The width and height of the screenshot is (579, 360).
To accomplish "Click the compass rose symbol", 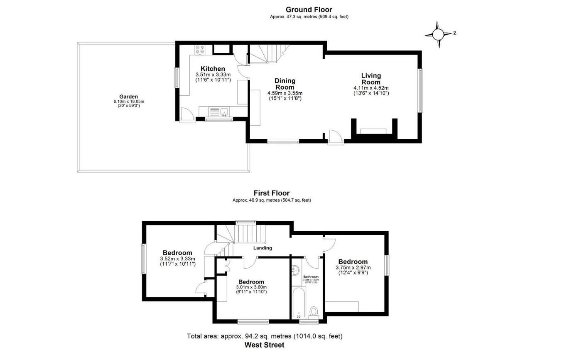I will click(x=439, y=34).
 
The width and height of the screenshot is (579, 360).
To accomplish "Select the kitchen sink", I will click(x=224, y=111).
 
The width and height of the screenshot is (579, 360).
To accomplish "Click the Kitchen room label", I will click(x=213, y=69).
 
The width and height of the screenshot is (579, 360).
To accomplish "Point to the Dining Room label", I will click(x=285, y=84).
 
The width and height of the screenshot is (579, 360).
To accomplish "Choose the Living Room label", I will click(x=370, y=79).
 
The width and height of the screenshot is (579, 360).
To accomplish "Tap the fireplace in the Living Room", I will click(x=373, y=131).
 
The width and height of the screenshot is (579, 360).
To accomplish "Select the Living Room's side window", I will click(x=420, y=90).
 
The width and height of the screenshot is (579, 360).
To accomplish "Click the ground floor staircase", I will click(x=266, y=54).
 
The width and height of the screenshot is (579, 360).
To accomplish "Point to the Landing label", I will click(x=263, y=248).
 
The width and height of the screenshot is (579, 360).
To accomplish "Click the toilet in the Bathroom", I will click(x=314, y=311).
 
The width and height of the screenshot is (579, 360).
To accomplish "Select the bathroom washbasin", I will click(x=295, y=271).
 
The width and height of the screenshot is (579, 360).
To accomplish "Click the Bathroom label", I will click(x=311, y=277).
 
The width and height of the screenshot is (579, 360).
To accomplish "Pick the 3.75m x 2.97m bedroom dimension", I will click(x=353, y=268).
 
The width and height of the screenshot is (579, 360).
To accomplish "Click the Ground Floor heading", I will click(x=309, y=10).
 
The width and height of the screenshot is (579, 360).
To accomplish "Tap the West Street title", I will click(x=264, y=345).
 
